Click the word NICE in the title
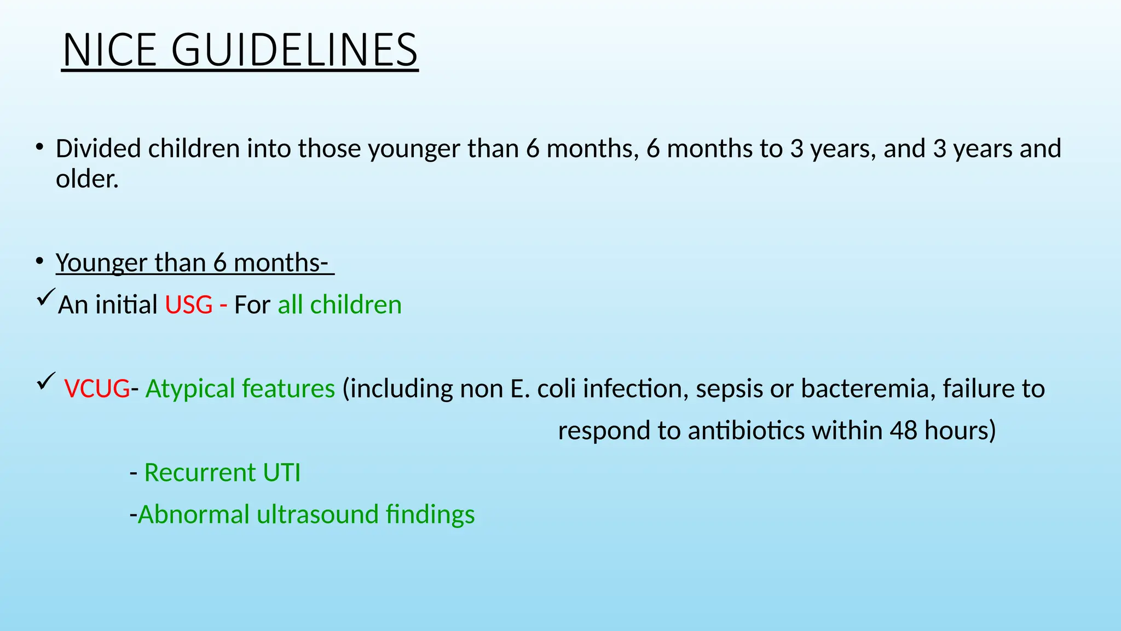coord(109,50)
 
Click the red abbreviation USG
coord(189,305)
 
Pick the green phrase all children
coord(339,305)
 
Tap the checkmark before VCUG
coord(45,381)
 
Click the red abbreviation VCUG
coord(97,389)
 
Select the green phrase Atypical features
coord(240,389)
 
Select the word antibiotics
coord(746,431)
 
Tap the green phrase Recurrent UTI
coord(222,473)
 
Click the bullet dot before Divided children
coord(39,147)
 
